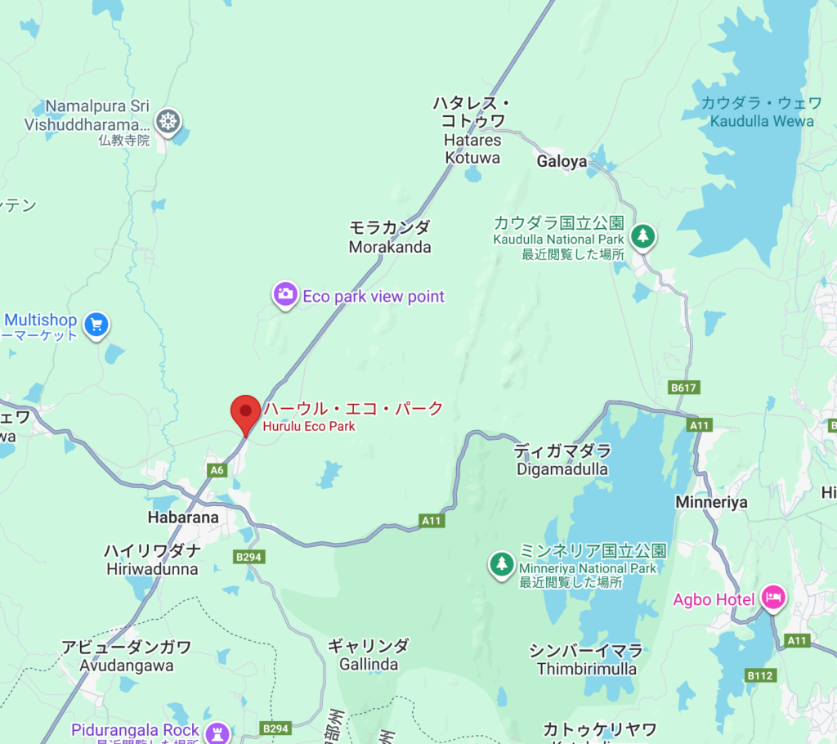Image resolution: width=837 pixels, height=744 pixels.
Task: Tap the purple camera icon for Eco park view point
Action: pos(285,294)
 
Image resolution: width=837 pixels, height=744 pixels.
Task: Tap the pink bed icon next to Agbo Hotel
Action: pos(772,598)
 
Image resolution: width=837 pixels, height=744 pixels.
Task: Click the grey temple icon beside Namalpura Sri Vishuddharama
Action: pos(168,122)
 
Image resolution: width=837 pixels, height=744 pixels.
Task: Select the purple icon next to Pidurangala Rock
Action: pos(217,730)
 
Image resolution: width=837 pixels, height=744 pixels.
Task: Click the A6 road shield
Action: pos(217,469)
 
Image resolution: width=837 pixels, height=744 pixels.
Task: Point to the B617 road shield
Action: pos(683,387)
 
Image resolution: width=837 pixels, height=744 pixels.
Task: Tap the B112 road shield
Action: pos(759,675)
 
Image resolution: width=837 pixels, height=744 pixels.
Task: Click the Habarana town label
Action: pos(183,518)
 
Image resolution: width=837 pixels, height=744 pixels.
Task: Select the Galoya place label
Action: pos(562,162)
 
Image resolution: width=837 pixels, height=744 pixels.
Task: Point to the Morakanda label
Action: pos(389,247)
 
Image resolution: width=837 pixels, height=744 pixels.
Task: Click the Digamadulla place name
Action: pos(562,469)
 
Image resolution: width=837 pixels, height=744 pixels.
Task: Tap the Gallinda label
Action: pos(369,664)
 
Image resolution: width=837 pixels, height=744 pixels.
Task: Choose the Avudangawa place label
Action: pos(127,666)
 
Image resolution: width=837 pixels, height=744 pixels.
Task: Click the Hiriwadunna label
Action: pos(152,569)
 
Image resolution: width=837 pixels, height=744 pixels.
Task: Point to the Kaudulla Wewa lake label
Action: pos(762,121)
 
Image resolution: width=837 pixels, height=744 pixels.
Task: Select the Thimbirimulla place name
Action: pos(586,669)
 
